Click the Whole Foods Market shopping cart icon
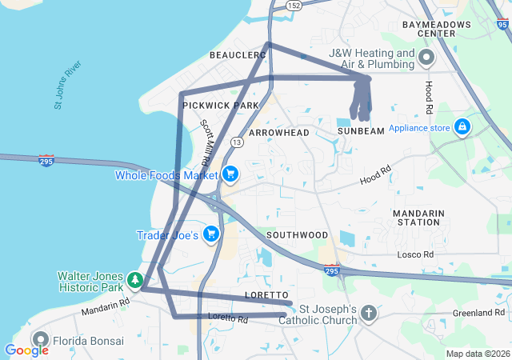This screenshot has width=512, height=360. (230, 174)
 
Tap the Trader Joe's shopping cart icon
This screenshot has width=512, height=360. (211, 234)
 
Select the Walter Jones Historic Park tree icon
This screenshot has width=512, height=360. (136, 280)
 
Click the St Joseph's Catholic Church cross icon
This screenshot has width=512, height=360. (368, 313)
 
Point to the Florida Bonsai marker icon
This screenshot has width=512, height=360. (40, 340)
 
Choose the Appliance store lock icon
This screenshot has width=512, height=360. (462, 127)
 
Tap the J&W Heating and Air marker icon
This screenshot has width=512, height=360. (426, 58)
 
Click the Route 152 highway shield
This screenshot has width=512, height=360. (294, 6)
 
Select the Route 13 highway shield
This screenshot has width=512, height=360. (237, 142)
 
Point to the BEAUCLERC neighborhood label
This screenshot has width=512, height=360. (237, 54)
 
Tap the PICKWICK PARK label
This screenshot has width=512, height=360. (221, 106)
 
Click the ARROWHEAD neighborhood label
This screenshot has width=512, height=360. (279, 131)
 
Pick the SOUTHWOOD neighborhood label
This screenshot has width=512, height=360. (298, 234)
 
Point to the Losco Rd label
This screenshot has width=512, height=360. (416, 254)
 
